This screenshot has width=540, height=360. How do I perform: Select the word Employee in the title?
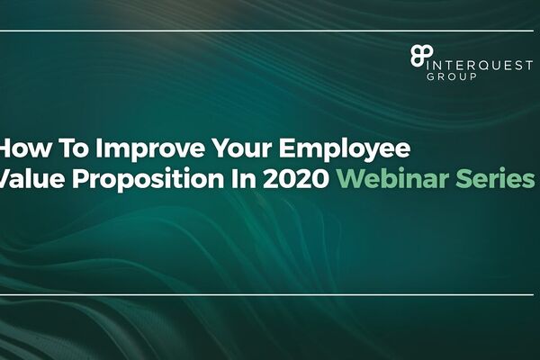point(345,148)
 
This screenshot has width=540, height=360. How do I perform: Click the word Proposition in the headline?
point(148,179)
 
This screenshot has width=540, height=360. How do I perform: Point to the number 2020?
point(295,178)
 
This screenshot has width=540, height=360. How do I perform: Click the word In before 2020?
point(243,178)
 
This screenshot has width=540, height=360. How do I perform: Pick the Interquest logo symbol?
point(421,55)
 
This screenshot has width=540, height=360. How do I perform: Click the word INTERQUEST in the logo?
point(480,65)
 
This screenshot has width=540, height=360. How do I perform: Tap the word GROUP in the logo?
point(452,76)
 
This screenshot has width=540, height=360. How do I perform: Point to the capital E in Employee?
point(285,148)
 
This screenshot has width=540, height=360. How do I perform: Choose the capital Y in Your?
point(221,148)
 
